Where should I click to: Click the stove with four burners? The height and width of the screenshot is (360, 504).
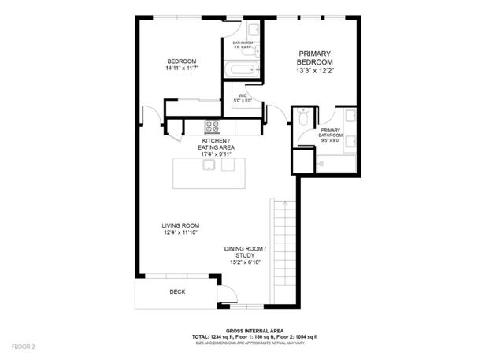[213, 126]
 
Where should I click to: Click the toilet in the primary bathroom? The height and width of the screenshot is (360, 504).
[302, 120]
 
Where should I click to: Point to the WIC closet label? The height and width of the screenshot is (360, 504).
[244, 95]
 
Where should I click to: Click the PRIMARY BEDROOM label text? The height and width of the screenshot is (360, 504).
[315, 58]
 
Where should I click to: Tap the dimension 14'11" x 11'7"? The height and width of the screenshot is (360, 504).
[181, 69]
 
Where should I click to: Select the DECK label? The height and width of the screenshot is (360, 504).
[178, 292]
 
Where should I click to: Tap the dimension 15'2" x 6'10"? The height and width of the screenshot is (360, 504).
[245, 262]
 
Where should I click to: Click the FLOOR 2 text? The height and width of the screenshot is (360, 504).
[23, 346]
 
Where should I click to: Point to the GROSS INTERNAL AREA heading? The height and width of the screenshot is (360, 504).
[256, 331]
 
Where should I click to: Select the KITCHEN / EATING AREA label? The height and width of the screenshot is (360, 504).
[216, 143]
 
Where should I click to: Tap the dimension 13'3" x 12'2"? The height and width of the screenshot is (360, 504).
[315, 69]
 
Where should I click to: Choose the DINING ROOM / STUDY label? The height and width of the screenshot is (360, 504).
[245, 252]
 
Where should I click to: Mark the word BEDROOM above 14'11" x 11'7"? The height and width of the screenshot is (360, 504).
[181, 61]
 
